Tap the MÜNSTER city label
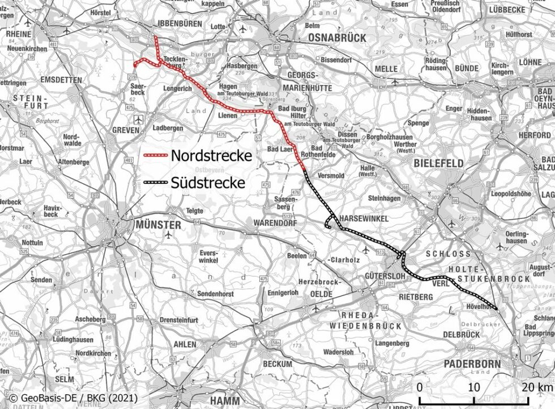[x=158, y=225]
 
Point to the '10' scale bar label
[x=473, y=387]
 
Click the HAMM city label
[x=224, y=400]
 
